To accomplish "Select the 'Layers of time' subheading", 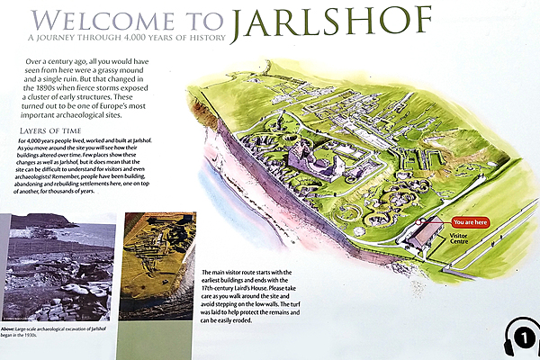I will click(x=51, y=131).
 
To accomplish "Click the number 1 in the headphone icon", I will click(x=525, y=339).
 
